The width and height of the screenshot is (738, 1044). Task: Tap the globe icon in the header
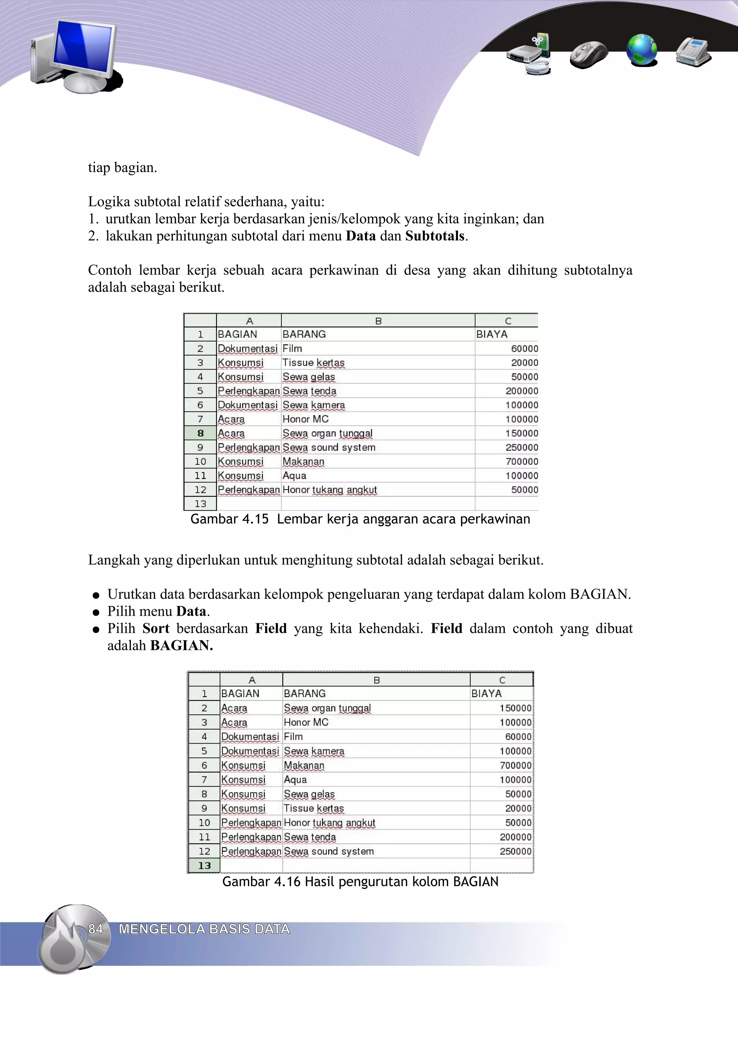641,50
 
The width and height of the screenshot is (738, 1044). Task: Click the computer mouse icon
589,54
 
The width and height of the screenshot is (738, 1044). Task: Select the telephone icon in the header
693,52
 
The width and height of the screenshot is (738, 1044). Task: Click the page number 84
95,929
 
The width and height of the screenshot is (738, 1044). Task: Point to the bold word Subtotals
435,236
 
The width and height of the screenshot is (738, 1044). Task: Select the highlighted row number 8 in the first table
200,433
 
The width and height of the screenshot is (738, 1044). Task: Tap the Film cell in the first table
292,349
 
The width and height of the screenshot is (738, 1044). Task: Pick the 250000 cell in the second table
515,851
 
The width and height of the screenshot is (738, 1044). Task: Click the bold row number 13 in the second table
204,866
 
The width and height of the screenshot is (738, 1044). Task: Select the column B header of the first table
378,321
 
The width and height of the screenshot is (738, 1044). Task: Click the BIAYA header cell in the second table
486,694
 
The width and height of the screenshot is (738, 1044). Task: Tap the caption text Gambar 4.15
229,519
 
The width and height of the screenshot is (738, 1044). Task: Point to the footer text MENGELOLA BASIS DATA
204,929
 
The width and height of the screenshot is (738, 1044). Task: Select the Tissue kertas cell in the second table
314,808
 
